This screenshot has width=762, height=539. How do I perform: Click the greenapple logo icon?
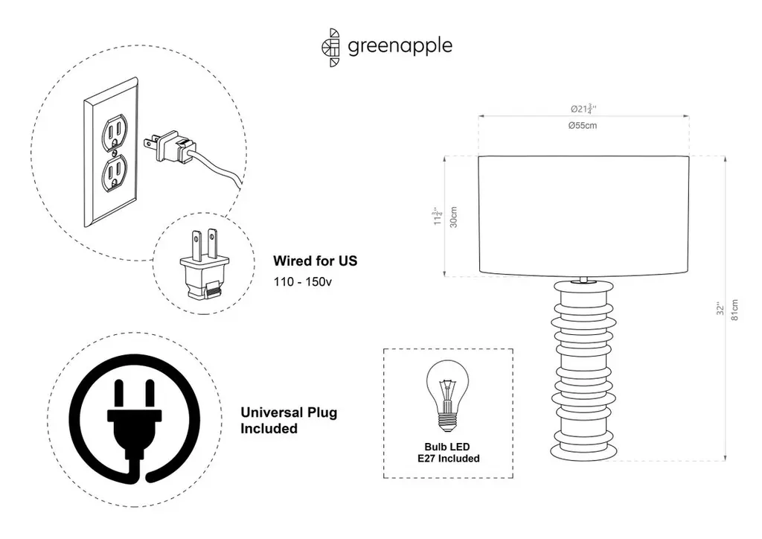[331, 48]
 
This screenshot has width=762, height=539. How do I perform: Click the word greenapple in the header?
[400, 46]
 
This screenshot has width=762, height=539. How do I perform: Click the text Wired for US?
[315, 261]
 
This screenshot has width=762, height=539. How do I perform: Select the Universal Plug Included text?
[289, 421]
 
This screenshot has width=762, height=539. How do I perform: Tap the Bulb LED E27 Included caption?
[448, 453]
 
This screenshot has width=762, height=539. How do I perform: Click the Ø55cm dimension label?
[582, 126]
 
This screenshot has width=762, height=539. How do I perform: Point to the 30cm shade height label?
[454, 217]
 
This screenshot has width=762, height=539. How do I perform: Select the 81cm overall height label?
[735, 310]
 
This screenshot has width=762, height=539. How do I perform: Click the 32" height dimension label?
[719, 310]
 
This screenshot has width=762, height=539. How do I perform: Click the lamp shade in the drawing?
[582, 216]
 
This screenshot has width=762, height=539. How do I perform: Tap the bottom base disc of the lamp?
[583, 451]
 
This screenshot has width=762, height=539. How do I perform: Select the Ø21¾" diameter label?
[582, 109]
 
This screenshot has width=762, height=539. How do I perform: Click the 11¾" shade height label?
[438, 217]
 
